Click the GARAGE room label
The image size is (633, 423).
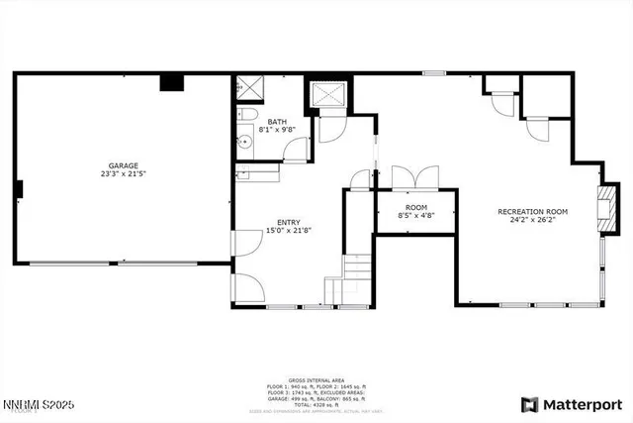coord(124,165)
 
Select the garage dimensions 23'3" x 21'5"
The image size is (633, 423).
coord(124,174)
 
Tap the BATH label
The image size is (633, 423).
coord(276,121)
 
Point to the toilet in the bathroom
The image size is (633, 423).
coord(243,119)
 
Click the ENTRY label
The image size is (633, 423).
coord(289,222)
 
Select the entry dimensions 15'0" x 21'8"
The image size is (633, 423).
coord(289,231)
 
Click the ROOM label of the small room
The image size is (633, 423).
coord(415,207)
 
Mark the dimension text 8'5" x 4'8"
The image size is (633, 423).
coord(415,215)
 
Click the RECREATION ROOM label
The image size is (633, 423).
coord(532,211)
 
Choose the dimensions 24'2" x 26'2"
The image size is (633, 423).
coord(532,220)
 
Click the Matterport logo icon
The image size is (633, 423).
coord(530,404)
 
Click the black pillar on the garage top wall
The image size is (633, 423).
coord(172,82)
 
